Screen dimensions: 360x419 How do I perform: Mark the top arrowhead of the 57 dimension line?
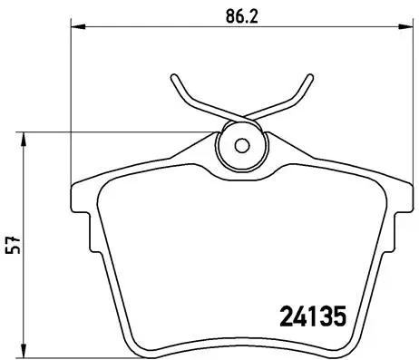coord(24,137)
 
